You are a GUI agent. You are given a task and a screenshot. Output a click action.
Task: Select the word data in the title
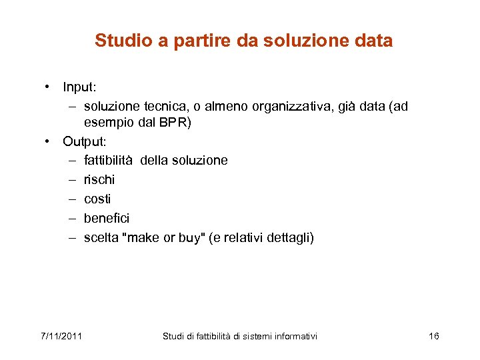coord(374,41)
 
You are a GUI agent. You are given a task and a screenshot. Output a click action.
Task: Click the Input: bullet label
coord(81,87)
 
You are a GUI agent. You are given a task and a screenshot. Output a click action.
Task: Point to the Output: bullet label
coord(85,141)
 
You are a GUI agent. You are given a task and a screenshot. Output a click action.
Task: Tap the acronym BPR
coord(175,123)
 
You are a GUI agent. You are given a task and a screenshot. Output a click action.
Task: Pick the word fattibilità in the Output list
coord(109,161)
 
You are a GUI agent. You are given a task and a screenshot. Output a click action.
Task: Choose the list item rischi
coord(99,180)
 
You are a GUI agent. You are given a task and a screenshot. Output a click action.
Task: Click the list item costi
coord(97,199)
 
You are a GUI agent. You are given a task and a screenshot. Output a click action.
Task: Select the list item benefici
coord(107,219)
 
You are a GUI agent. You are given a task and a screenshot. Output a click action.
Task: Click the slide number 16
coord(433,336)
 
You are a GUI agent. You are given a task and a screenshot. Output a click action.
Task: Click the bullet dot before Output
coord(49,141)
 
